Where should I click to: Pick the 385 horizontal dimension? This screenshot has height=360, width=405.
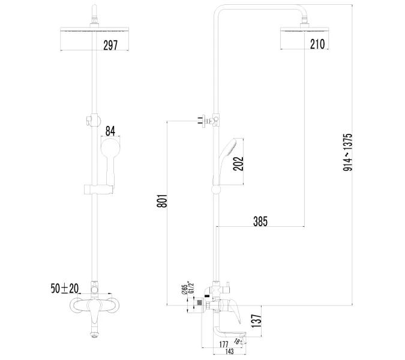[259, 221]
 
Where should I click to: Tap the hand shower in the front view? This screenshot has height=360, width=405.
[109, 159]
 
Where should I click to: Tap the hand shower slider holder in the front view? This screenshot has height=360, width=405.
[95, 191]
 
